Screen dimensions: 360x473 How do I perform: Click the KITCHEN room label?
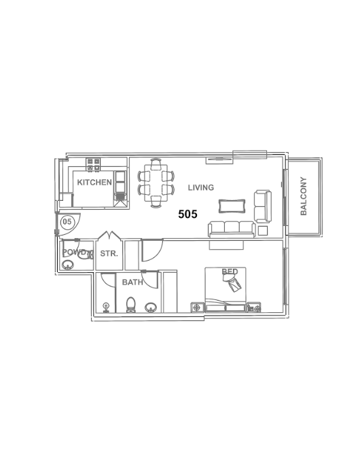pyautogui.click(x=94, y=182)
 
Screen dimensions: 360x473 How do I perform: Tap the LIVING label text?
pyautogui.click(x=201, y=187)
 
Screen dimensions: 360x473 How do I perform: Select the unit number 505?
pyautogui.click(x=187, y=214)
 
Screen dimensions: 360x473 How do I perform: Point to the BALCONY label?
pyautogui.click(x=304, y=196)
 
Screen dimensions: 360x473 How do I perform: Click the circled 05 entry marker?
pyautogui.click(x=67, y=222)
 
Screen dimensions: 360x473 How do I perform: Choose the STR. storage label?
pyautogui.click(x=109, y=254)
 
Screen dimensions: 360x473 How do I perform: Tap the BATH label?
pyautogui.click(x=132, y=282)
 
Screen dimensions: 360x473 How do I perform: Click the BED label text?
pyautogui.click(x=230, y=271)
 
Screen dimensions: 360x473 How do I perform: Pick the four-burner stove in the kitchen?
pyautogui.click(x=93, y=165)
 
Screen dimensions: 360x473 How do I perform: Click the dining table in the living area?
pyautogui.click(x=156, y=183)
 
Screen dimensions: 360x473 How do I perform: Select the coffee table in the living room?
pyautogui.click(x=232, y=206)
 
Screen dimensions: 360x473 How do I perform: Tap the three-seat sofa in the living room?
pyautogui.click(x=232, y=229)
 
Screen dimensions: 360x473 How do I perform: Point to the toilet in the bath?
pyautogui.click(x=131, y=305)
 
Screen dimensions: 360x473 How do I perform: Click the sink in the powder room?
pyautogui.click(x=68, y=265)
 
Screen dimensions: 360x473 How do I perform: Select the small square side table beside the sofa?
pyautogui.click(x=263, y=231)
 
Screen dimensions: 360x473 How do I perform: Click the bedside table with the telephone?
pyautogui.click(x=254, y=307)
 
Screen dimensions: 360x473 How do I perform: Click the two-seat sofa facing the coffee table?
pyautogui.click(x=263, y=206)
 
